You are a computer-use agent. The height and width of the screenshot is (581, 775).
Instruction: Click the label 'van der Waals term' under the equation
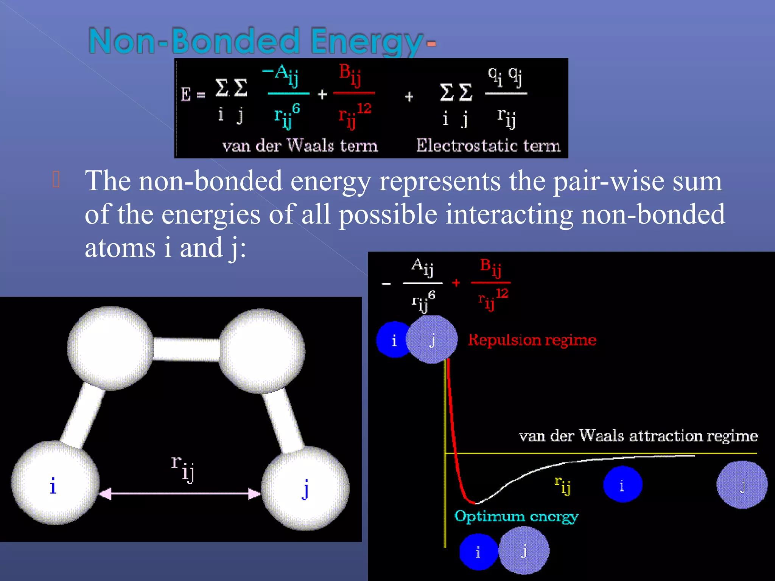pos(300,146)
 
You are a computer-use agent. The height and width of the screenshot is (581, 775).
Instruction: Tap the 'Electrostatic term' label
pos(488,146)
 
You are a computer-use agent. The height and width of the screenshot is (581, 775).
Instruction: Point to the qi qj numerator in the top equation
pos(505,75)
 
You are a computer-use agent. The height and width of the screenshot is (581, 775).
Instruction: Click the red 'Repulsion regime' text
pos(532,340)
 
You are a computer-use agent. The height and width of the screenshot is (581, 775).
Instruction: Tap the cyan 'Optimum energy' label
pos(516,517)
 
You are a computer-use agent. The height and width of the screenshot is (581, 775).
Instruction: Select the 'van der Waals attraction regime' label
pos(638,436)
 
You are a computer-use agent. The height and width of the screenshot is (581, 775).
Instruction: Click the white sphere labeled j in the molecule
pos(306,488)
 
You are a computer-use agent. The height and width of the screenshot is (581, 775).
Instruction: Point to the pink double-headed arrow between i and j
pos(180,494)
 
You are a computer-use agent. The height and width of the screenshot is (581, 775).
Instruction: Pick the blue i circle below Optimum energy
pos(478,552)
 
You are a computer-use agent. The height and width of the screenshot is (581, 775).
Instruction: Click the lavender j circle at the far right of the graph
pos(742,485)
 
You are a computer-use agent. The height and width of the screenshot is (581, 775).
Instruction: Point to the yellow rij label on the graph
pos(562,485)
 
